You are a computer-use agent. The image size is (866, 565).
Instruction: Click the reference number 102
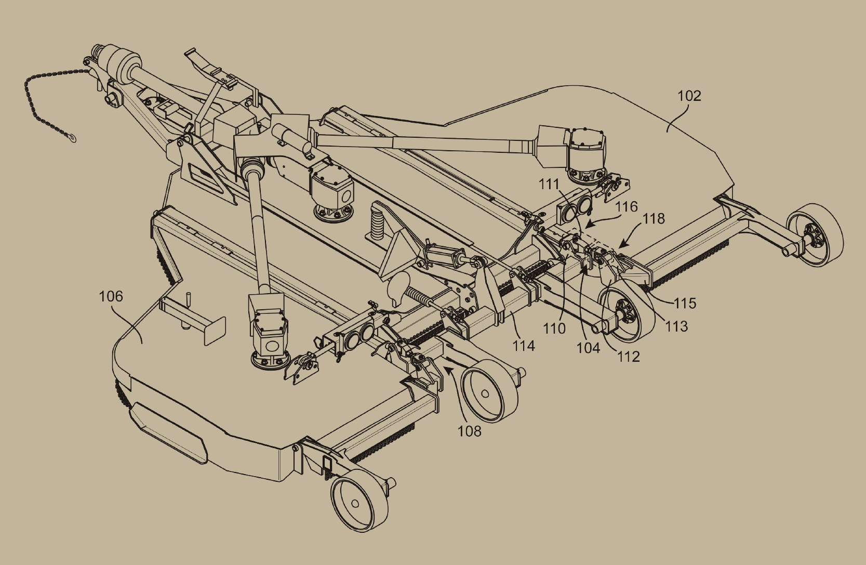pos(689,96)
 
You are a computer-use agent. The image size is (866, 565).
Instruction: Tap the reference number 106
pos(111,297)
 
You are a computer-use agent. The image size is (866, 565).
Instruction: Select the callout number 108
pos(469,431)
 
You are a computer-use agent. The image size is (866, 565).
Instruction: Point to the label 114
pos(524,346)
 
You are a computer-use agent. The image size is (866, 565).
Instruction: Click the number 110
pos(554,329)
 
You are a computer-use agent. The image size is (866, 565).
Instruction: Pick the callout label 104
pos(589,348)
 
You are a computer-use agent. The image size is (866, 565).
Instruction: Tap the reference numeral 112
pos(629,357)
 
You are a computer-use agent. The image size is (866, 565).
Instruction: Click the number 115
pos(685,304)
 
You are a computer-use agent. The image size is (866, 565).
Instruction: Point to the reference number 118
pos(654,219)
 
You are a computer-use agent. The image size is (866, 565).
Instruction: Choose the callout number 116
pos(627,207)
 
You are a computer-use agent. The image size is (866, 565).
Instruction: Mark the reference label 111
pos(550,185)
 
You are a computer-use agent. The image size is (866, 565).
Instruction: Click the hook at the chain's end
pos(72,137)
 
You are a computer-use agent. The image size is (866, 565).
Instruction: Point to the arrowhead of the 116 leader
pos(588,225)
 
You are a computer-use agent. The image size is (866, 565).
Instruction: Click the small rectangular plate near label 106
pos(215,331)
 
